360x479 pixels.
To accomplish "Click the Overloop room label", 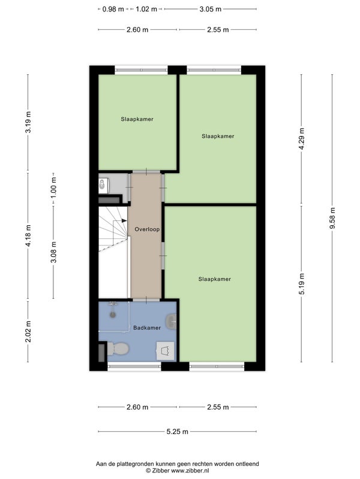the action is (147, 229).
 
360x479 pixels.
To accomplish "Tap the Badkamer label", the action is (147, 328).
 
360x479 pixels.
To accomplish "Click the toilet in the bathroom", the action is (118, 348).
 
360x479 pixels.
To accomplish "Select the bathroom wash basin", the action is (171, 321).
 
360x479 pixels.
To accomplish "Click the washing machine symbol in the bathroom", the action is (166, 350).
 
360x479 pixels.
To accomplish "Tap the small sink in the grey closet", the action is (103, 184).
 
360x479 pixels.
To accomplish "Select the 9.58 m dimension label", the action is (333, 218).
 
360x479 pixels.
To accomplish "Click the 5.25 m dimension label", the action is (177, 432).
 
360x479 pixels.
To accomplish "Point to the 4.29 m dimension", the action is (302, 139).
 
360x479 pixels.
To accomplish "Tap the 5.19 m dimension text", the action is (302, 284).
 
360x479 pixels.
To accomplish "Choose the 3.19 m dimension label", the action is (28, 122).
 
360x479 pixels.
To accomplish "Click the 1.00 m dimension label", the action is (53, 187).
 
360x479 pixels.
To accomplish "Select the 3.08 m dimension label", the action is (53, 252).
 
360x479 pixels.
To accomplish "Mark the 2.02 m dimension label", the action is (28, 332).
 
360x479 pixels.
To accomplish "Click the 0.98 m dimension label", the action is (113, 9).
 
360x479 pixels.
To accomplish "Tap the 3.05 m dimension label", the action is (211, 9).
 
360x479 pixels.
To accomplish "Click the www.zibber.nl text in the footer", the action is (190, 471).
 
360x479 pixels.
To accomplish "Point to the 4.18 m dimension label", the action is (28, 235).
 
